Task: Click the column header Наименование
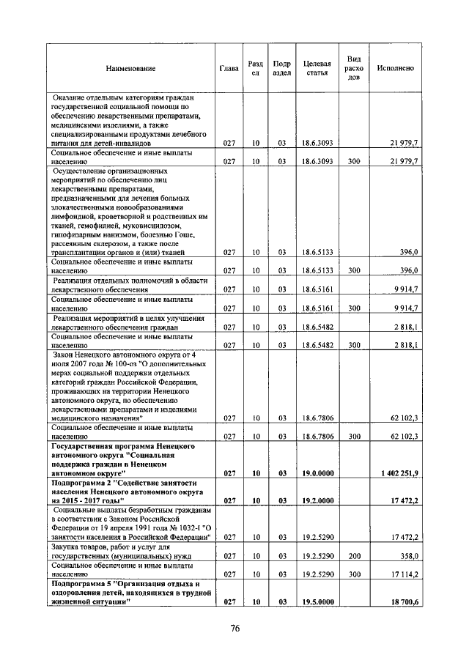[131, 68]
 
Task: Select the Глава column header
[229, 68]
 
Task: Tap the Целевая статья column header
[317, 68]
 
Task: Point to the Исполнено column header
[395, 68]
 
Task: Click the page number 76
[235, 628]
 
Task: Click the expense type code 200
[354, 557]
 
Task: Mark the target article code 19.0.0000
[317, 474]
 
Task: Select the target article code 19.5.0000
[317, 601]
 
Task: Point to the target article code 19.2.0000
[317, 501]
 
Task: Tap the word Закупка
[68, 547]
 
